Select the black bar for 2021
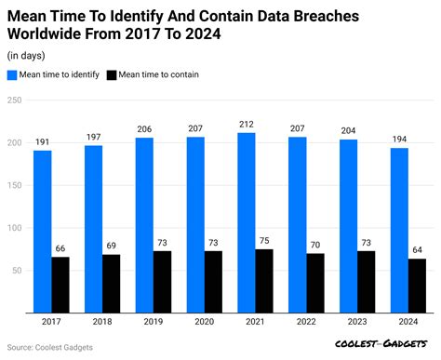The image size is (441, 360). click(264, 280)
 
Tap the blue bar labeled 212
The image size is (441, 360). click(247, 222)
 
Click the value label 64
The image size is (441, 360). click(417, 250)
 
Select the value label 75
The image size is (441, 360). click(265, 241)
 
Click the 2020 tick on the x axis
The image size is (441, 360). click(205, 322)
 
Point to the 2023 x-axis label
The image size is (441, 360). click(357, 322)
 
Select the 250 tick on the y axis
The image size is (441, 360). click(13, 100)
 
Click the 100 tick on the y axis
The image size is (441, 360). click(13, 227)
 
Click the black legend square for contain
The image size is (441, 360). click(112, 74)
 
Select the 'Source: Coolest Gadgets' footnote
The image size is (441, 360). click(51, 347)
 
